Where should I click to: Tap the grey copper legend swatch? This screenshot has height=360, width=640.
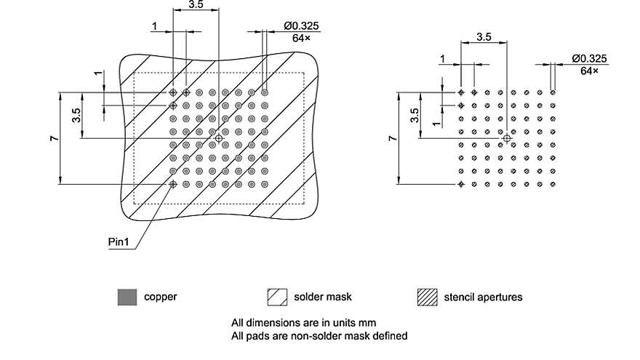coord(127,297)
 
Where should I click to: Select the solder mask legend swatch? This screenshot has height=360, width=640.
coord(277,297)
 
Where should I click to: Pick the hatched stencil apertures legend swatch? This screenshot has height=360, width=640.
coord(427,297)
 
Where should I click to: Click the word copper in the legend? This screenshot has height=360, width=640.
coord(160,297)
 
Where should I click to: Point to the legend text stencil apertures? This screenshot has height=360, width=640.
coord(483,297)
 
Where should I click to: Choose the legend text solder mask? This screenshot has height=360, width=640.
coord(323,297)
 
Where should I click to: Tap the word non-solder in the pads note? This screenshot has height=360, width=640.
coord(310,335)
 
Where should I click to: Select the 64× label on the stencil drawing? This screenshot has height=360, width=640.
coord(590,71)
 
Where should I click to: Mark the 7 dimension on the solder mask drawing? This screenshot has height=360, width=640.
coord(55,138)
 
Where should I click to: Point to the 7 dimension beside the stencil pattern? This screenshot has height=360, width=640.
coord(392,138)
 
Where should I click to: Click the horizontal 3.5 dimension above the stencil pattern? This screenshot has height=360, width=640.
coord(484,36)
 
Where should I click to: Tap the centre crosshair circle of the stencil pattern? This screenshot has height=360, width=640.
coord(507,138)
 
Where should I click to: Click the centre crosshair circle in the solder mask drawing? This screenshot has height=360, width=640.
coord(219,138)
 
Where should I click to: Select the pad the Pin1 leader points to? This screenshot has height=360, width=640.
coord(173,184)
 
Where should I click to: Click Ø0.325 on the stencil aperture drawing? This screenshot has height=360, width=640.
coord(589,58)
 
